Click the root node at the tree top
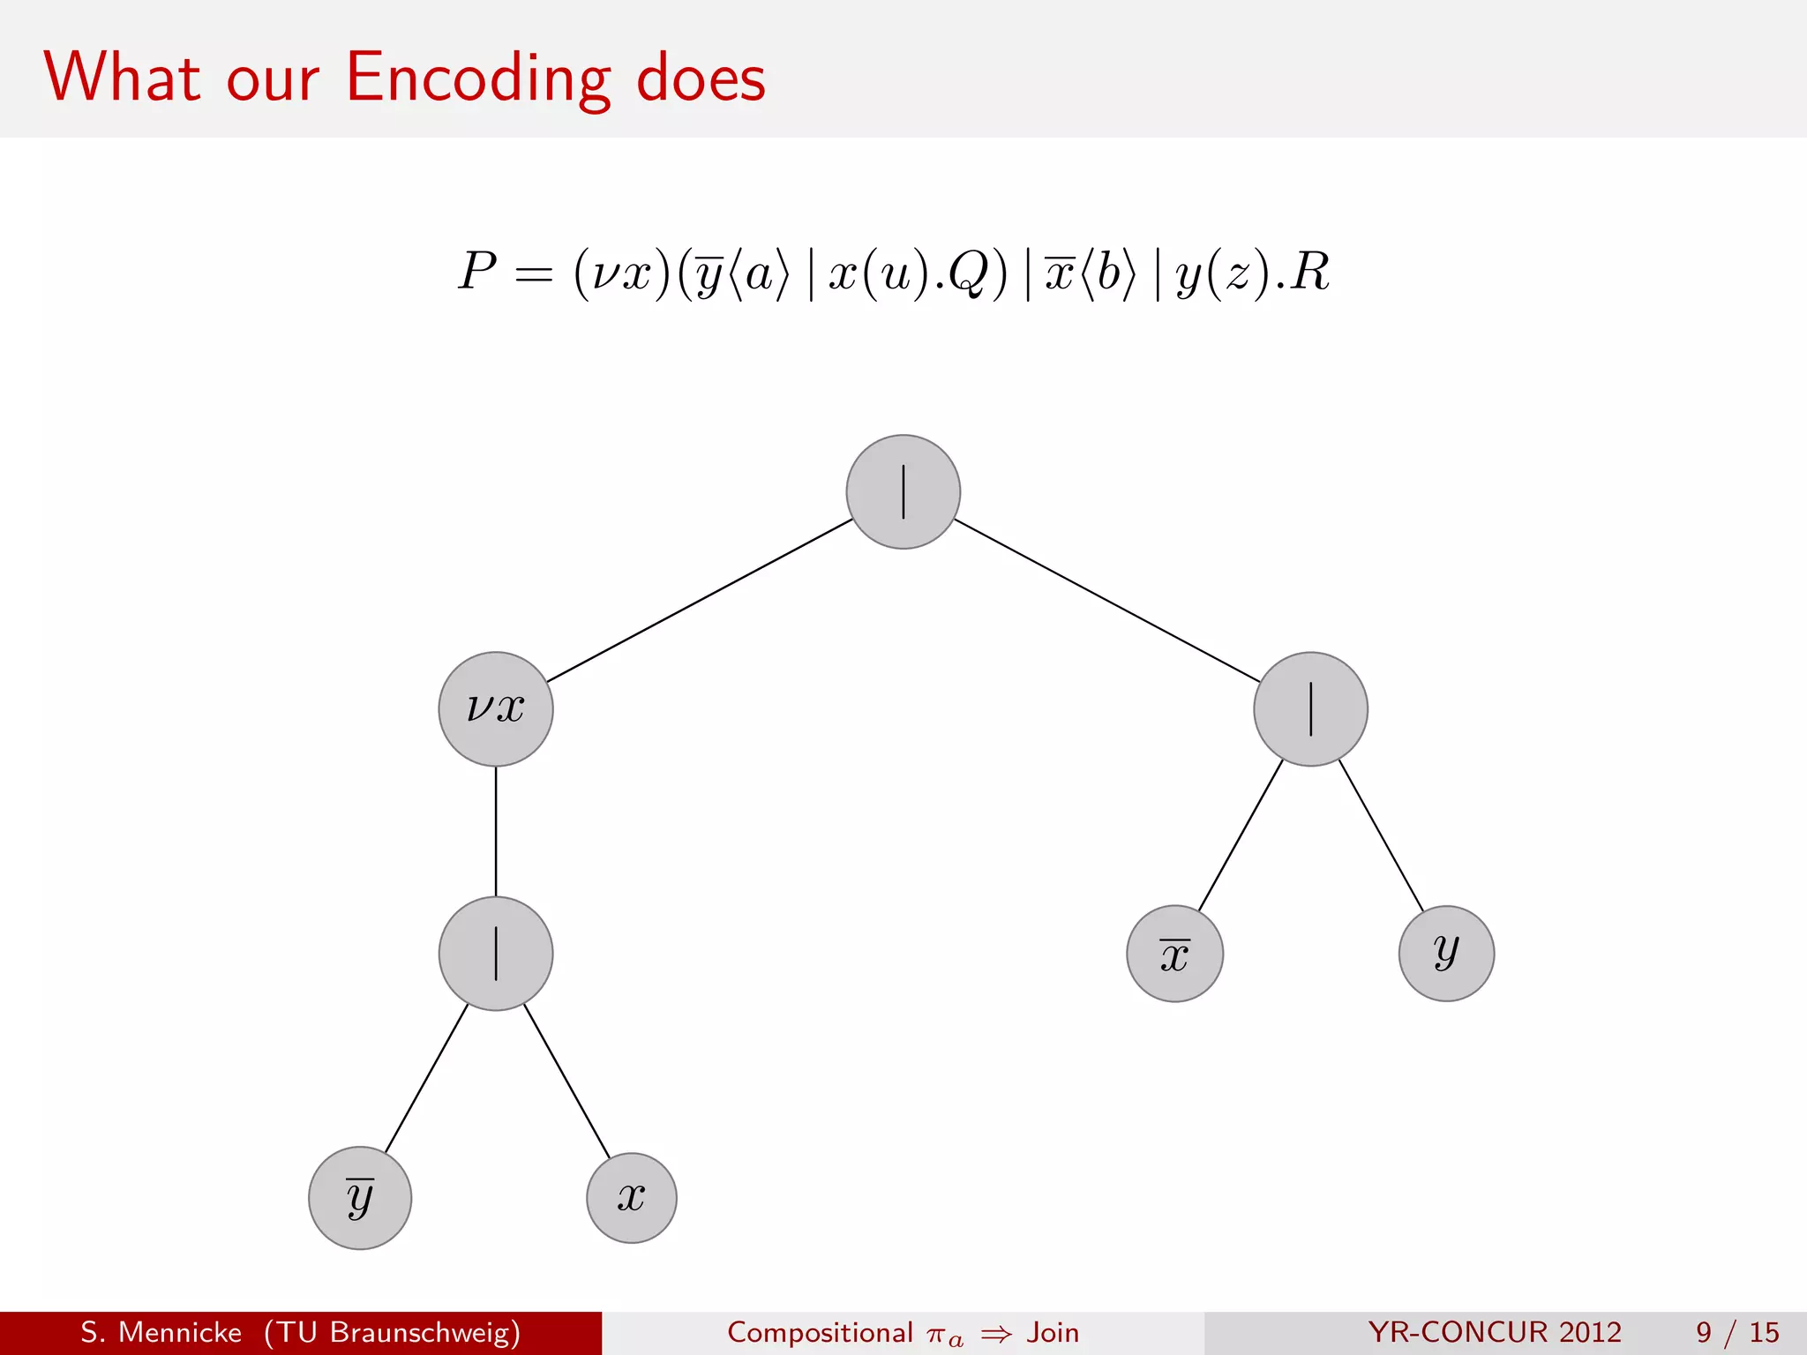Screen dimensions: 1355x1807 (x=903, y=491)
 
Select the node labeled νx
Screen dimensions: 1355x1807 (x=496, y=708)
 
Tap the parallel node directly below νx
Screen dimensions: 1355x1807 (x=496, y=953)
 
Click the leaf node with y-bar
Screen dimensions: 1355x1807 (x=360, y=1197)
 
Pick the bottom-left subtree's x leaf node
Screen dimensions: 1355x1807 (x=632, y=1197)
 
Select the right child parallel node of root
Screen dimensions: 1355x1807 (x=1310, y=708)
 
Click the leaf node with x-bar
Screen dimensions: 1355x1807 (x=1174, y=954)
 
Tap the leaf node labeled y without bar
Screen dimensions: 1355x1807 (x=1446, y=953)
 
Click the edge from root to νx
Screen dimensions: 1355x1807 (x=700, y=601)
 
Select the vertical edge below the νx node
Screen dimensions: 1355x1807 (x=496, y=831)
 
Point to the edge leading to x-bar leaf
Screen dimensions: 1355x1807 (x=1240, y=835)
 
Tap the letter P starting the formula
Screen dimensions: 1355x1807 (x=477, y=271)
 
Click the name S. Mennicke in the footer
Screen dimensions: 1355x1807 (x=161, y=1332)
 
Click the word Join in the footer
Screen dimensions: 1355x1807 (x=1053, y=1332)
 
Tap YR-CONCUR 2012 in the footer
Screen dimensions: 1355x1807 (x=1495, y=1332)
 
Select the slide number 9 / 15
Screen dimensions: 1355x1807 (x=1736, y=1332)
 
